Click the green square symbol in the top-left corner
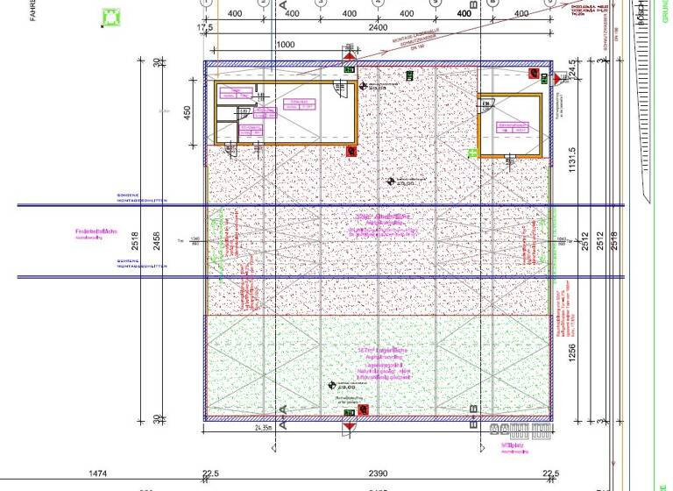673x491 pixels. click(x=111, y=18)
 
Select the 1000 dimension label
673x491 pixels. click(x=286, y=44)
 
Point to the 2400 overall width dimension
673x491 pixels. click(x=378, y=26)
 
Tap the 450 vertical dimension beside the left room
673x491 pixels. click(x=187, y=114)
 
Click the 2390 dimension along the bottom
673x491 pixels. click(x=378, y=474)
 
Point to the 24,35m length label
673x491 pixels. click(x=265, y=430)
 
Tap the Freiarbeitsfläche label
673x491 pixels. click(x=90, y=232)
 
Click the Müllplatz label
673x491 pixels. click(x=514, y=445)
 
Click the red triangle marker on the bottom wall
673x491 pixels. click(x=350, y=425)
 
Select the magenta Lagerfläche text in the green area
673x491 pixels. click(x=383, y=352)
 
